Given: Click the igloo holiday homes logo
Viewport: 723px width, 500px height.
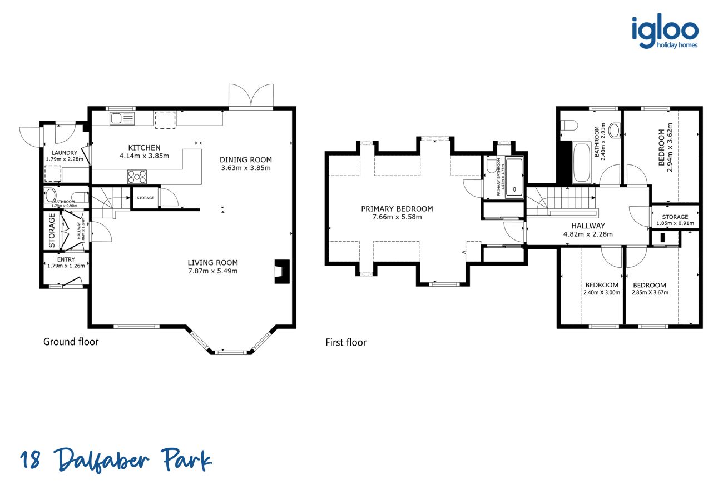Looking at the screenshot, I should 665,32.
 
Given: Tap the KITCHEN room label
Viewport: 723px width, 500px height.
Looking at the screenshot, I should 144,148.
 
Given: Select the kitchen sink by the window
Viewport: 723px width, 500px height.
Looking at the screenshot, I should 122,118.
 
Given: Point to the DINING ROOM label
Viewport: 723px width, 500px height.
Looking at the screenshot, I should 246,160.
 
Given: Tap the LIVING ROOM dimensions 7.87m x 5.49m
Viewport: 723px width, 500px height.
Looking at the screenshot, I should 212,271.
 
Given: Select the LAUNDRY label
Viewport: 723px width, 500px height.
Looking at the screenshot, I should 65,153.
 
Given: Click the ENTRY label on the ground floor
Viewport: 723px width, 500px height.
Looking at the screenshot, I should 66,259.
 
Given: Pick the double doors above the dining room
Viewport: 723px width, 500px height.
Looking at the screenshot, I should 251,96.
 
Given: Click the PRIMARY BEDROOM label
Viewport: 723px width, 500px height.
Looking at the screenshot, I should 397,209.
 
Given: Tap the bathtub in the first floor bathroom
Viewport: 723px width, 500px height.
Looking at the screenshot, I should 582,162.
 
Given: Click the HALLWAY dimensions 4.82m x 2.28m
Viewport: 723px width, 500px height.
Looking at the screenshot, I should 588,234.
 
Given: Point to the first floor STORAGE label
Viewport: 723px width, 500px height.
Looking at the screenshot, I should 675,217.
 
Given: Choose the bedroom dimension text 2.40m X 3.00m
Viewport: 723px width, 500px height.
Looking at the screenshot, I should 601,292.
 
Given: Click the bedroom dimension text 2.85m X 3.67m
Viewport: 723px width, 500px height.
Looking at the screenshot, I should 650,292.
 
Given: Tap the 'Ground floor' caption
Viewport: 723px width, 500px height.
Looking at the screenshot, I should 71,342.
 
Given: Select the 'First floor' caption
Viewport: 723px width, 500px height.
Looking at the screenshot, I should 346,342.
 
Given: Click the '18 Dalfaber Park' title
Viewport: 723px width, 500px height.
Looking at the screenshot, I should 116,461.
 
